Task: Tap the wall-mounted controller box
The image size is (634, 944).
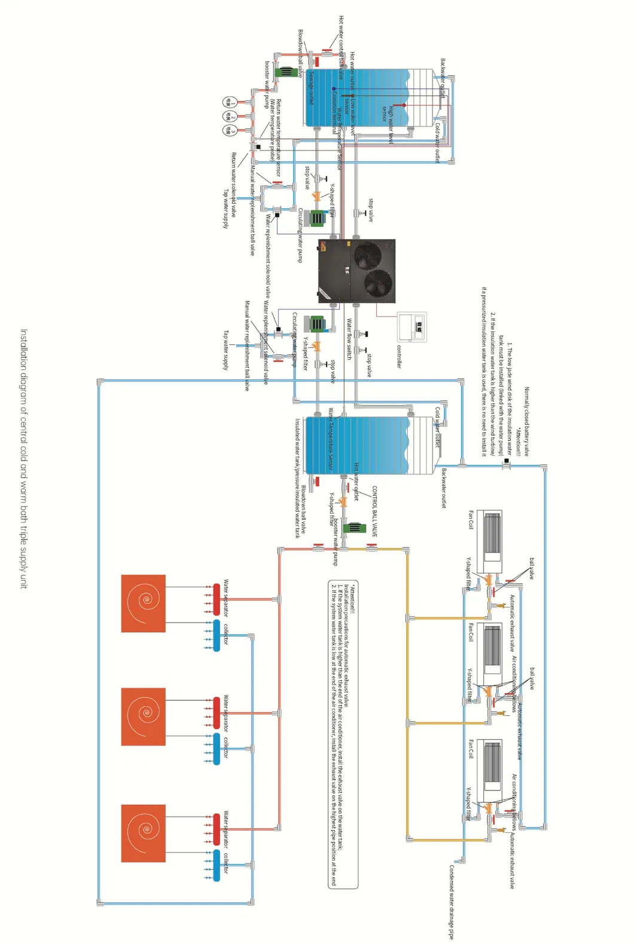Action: click(412, 326)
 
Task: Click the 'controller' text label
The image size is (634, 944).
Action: click(399, 356)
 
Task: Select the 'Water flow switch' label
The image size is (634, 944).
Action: click(349, 339)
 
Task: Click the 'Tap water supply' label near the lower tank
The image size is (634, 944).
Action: click(225, 350)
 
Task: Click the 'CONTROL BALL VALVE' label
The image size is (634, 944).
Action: click(374, 511)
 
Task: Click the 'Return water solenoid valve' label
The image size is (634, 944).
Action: click(234, 185)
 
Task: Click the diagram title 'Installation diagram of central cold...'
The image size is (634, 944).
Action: click(24, 458)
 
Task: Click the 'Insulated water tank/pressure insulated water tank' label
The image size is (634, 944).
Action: click(297, 478)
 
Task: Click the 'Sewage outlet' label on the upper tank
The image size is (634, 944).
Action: click(311, 88)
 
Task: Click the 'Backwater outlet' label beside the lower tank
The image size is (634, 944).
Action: click(443, 488)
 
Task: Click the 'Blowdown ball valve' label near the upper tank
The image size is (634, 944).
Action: click(300, 53)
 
